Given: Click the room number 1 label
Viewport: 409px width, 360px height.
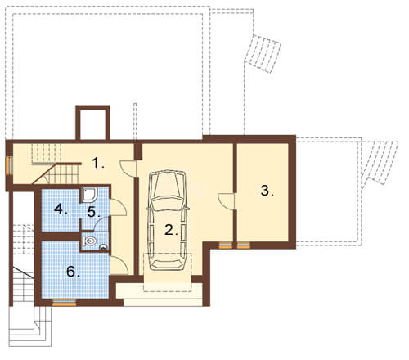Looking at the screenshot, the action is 98,163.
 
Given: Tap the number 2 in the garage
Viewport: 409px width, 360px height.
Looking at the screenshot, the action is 171,230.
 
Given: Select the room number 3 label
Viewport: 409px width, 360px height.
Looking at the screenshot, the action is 267,191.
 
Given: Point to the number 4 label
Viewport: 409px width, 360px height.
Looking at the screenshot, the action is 61,209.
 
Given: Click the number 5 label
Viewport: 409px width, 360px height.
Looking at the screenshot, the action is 93,212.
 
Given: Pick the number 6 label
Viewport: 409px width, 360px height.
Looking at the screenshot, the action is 73,272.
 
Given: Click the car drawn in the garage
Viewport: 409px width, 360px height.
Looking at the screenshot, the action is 168,220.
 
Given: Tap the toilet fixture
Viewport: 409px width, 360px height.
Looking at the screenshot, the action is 90,241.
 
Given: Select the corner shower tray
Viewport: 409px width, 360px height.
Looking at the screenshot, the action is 89,195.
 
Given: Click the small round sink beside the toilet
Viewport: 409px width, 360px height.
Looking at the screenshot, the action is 103,247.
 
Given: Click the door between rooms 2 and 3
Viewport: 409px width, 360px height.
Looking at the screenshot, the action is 227,201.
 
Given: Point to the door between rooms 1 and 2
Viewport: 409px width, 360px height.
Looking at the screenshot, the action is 128,169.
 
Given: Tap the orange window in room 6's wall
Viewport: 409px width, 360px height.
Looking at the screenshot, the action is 64,302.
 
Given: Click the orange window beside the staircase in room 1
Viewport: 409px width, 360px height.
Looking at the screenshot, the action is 9,165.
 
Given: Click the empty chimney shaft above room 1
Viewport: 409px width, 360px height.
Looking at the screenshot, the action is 92,123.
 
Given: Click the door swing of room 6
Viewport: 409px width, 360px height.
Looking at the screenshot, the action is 119,265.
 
